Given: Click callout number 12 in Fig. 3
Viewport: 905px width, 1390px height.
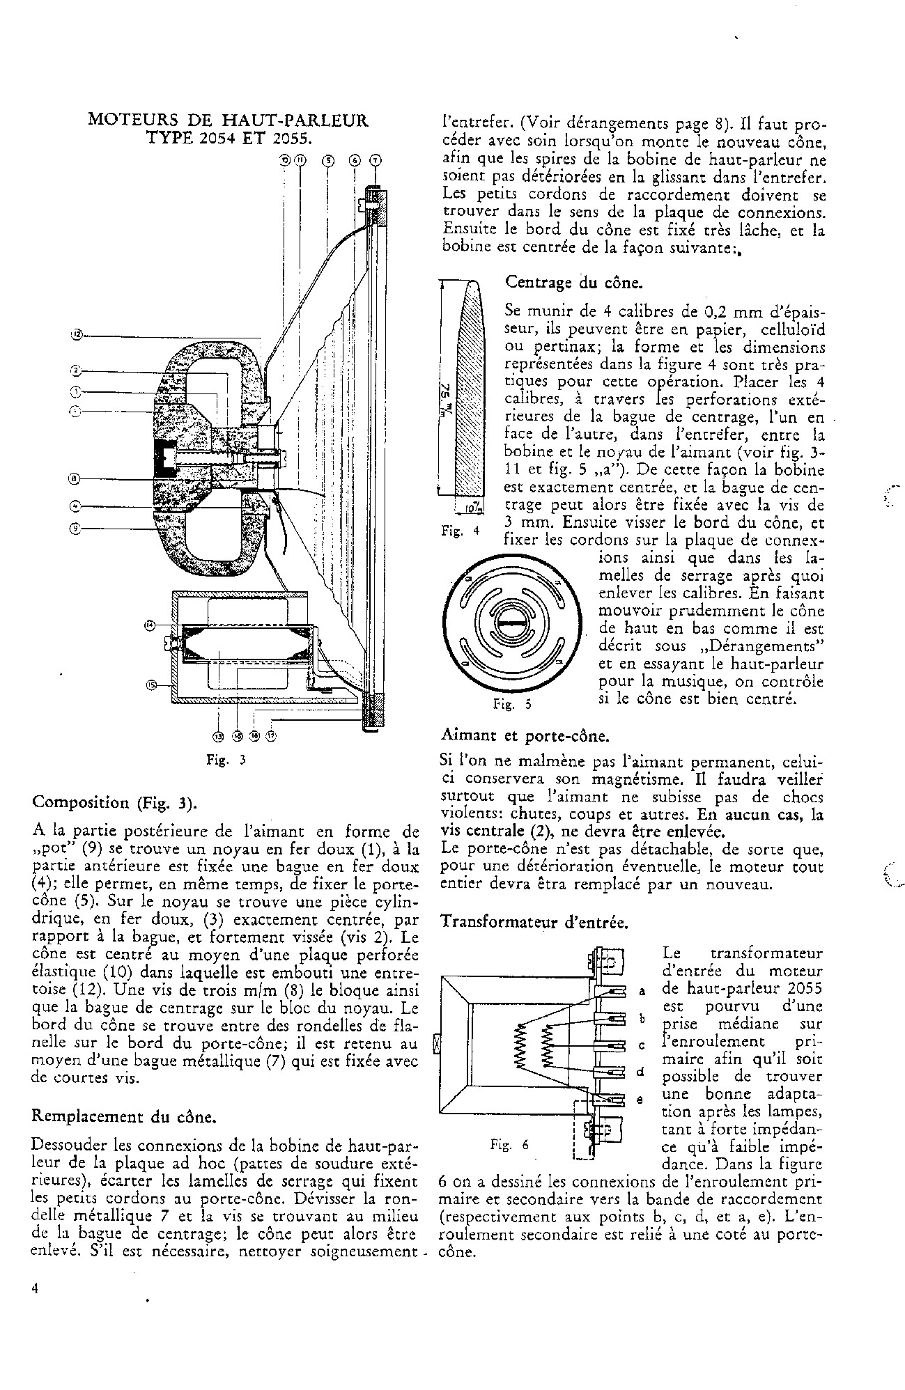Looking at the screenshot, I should (x=77, y=335).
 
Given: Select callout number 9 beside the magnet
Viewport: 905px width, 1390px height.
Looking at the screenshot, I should (x=77, y=529).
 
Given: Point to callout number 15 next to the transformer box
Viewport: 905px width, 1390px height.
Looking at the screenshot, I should (x=152, y=685).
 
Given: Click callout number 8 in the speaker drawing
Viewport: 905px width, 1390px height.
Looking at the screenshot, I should (x=77, y=478).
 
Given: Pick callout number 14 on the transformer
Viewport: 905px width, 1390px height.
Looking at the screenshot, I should (x=149, y=625).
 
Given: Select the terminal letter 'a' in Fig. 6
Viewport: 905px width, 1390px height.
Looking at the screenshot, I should (x=642, y=991).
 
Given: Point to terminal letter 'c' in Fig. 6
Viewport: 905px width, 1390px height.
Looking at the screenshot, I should (x=642, y=1045).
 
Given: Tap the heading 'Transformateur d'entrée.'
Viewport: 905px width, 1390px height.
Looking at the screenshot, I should (x=534, y=923).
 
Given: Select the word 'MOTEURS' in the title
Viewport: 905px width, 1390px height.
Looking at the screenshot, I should (x=127, y=120).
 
